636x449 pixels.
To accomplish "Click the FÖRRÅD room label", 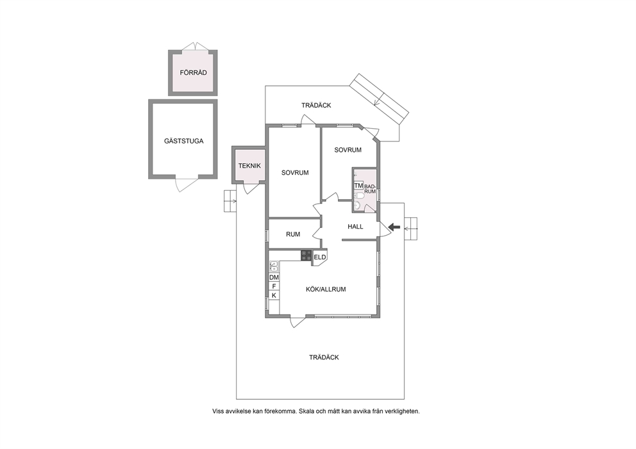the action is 194,72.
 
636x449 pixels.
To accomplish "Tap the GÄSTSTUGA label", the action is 184,141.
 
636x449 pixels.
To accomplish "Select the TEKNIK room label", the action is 249,166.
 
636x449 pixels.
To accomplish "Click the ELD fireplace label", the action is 320,257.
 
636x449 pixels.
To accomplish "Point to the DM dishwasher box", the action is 274,277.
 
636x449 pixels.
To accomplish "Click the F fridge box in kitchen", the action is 274,286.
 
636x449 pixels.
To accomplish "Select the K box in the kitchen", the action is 274,295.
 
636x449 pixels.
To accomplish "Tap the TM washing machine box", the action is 358,186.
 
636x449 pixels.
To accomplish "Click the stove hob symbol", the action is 306,256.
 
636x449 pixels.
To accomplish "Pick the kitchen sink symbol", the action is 274,266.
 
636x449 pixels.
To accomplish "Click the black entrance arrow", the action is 394,227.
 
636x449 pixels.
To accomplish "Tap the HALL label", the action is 355,227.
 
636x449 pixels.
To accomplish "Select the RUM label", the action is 293,234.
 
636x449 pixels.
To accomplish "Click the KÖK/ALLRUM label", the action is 326,290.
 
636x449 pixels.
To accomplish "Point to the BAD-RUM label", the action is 371,189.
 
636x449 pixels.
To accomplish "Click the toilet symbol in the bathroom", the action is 358,196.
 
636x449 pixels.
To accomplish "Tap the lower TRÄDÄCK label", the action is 324,357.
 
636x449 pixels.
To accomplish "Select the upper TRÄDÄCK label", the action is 316,105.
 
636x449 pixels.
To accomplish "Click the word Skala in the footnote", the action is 306,411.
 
